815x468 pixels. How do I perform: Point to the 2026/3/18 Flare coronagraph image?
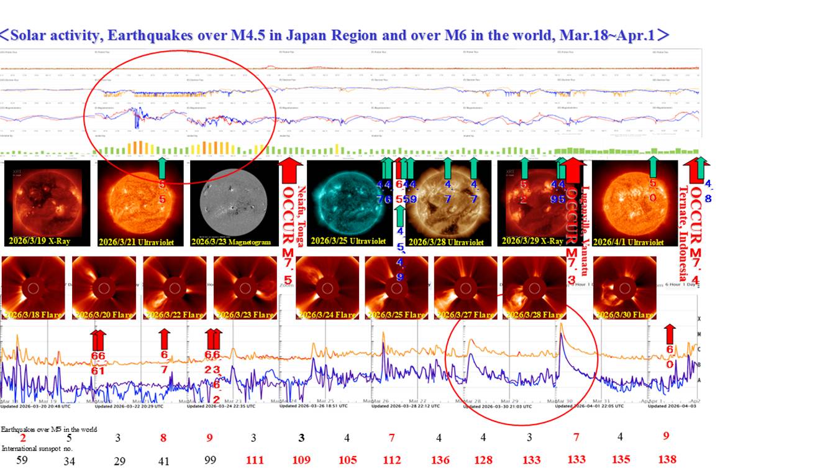tap(34, 288)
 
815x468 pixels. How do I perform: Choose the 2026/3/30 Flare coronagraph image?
tap(625, 288)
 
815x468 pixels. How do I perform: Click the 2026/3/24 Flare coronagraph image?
tap(327, 288)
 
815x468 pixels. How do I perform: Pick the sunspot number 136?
tap(439, 460)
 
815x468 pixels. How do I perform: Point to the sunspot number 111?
tap(255, 460)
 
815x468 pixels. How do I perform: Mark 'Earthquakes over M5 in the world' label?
tap(49, 429)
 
